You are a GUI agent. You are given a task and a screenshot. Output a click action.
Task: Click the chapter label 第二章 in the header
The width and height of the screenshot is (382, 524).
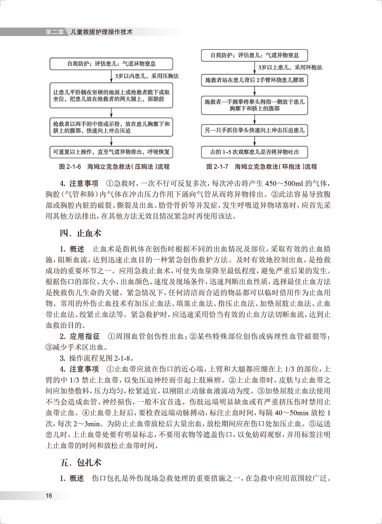54,32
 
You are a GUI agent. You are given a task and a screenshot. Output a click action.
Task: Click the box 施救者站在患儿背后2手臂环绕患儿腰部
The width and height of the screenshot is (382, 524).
254,79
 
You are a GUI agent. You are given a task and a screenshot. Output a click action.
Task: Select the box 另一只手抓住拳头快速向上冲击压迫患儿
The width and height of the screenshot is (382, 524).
254,130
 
